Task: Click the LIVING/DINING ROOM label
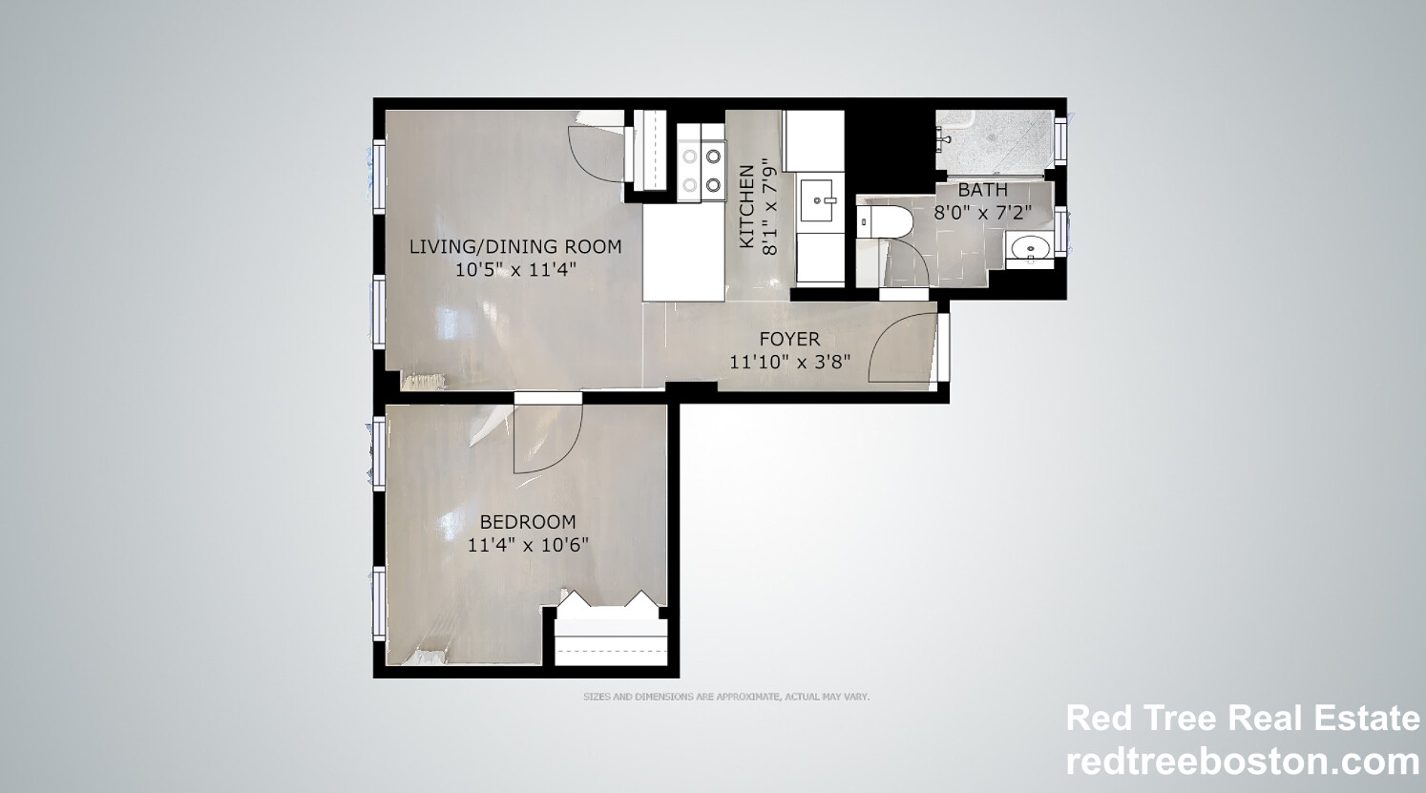point(515,246)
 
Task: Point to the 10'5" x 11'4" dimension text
point(515,270)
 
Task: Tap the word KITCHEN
point(747,206)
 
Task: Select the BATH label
point(982,190)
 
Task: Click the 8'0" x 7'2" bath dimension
point(982,213)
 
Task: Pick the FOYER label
point(789,339)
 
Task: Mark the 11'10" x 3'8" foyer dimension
point(789,363)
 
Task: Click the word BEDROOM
point(528,522)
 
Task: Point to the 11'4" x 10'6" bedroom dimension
point(528,546)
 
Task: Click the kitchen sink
point(819,199)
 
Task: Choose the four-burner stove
point(700,170)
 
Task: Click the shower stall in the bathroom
point(995,141)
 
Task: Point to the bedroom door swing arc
point(547,439)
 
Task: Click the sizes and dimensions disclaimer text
point(725,698)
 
